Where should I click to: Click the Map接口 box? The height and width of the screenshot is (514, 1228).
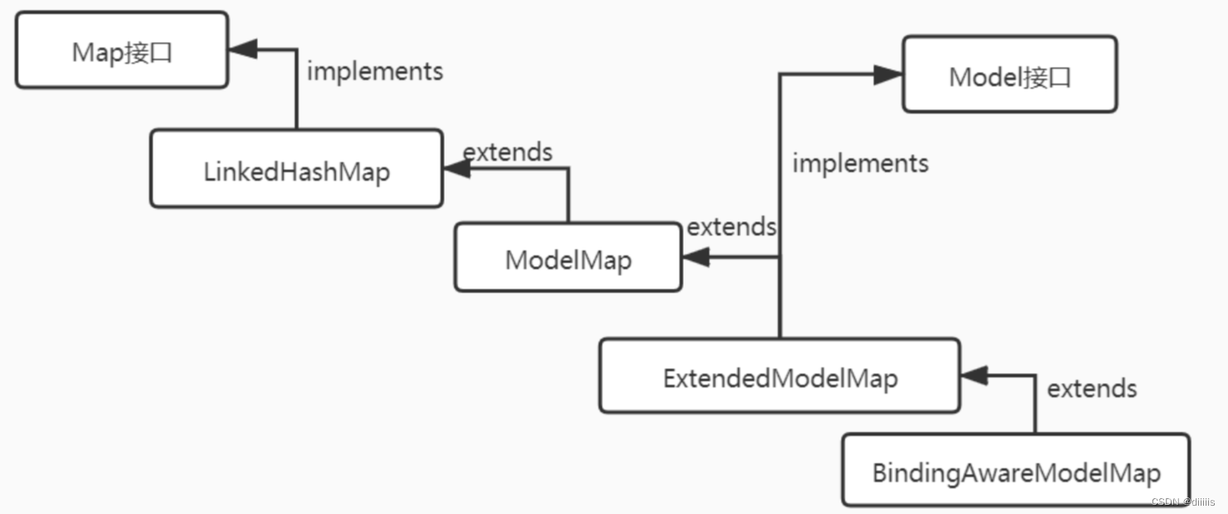(122, 50)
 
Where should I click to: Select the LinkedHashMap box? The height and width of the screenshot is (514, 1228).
(296, 168)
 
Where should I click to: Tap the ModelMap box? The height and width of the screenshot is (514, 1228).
(568, 257)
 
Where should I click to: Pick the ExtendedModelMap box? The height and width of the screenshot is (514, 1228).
(779, 376)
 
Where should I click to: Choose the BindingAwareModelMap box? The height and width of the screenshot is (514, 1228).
(1016, 470)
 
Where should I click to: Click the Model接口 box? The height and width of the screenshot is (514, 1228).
(1010, 75)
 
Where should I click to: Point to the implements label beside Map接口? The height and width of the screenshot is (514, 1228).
(375, 71)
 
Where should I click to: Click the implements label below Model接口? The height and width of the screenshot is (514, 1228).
(860, 163)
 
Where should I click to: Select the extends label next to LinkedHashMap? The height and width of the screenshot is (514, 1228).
(507, 152)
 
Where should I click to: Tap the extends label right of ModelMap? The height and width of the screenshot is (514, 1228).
(731, 226)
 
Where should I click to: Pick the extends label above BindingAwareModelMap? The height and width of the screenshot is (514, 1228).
(1091, 388)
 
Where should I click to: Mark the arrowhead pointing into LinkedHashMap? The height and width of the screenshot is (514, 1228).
(456, 168)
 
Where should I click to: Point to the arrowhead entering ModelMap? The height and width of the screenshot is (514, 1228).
(695, 258)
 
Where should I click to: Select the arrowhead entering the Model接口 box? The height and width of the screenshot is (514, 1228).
(888, 75)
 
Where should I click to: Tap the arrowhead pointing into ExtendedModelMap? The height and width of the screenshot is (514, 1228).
(974, 376)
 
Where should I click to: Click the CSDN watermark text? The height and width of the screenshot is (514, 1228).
(1182, 502)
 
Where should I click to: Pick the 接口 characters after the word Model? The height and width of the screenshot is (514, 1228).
(1047, 76)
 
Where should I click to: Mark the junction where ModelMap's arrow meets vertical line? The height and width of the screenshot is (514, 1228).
(780, 258)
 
